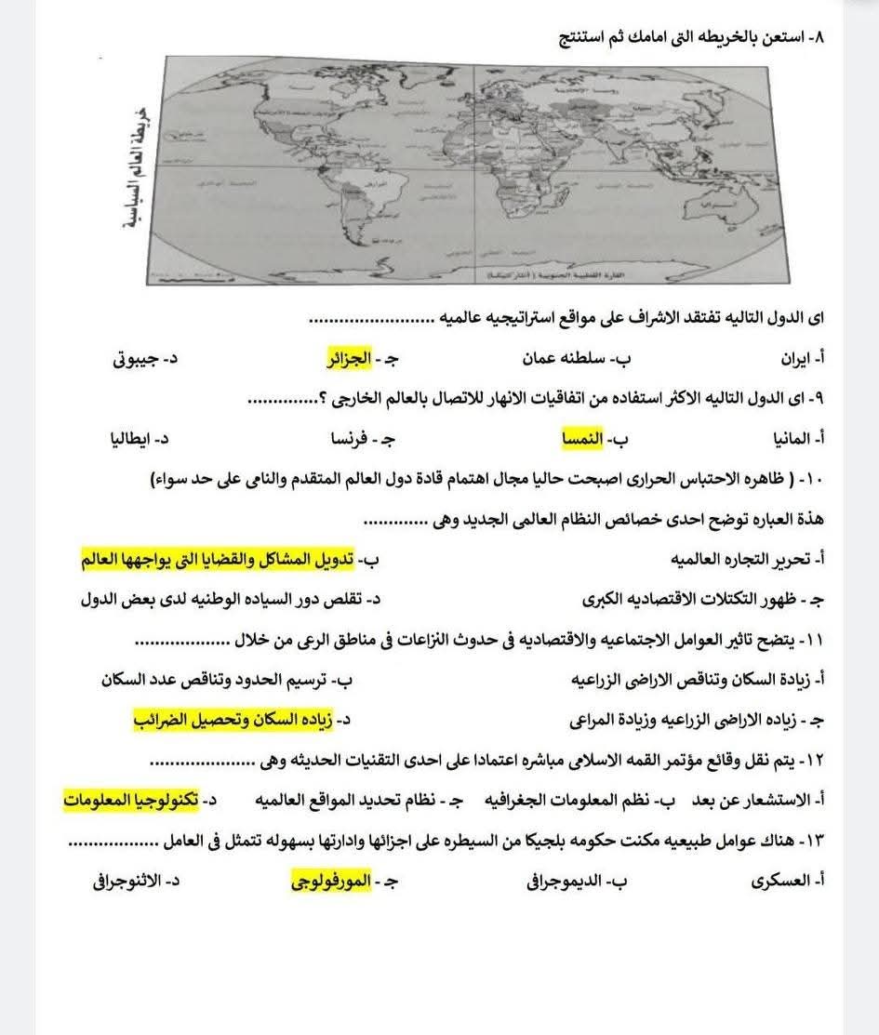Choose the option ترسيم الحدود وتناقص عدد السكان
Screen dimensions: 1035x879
(x=221, y=680)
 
